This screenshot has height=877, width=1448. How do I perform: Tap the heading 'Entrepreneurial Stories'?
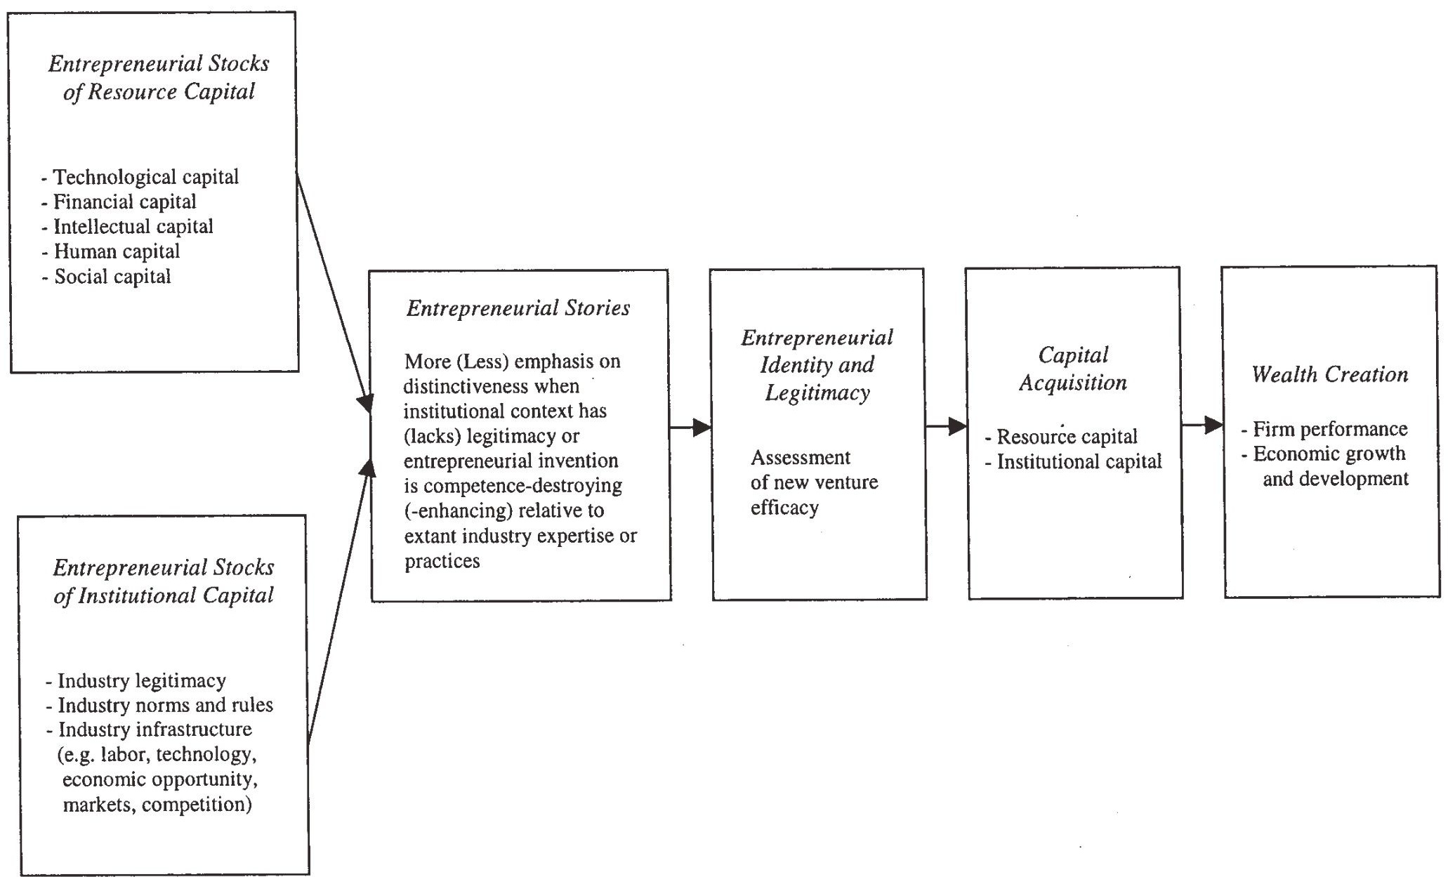[518, 308]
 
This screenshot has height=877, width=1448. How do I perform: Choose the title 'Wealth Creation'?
[1329, 374]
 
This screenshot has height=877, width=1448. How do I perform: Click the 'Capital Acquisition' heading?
[1073, 369]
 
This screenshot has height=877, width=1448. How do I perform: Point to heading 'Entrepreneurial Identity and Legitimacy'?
[817, 365]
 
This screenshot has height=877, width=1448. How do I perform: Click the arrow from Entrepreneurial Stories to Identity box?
[690, 427]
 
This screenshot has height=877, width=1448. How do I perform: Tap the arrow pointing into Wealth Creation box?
[1202, 425]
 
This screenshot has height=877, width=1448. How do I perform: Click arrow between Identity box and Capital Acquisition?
[945, 426]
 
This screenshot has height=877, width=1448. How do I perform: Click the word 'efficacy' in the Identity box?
[784, 508]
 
